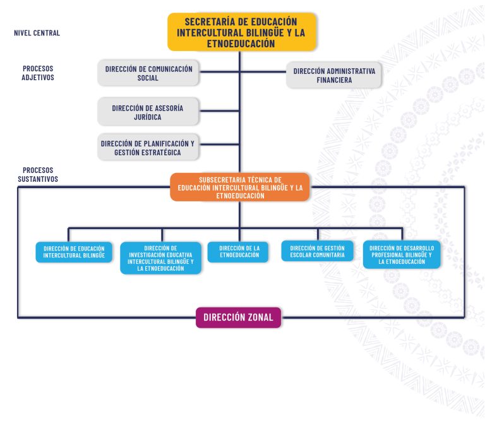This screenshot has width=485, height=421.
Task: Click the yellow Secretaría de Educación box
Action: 242,32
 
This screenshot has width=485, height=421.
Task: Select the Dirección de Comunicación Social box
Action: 148,73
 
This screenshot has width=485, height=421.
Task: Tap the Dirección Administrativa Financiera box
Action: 333,75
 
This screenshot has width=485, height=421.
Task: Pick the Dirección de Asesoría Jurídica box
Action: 148,112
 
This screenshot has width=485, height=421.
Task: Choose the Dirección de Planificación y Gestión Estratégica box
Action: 148,147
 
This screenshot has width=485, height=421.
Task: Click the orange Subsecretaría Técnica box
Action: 240,187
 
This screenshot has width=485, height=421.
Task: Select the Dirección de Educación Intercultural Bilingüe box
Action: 74,252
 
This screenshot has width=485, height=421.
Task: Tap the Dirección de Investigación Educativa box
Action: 160,258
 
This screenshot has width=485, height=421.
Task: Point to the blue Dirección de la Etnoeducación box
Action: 238,252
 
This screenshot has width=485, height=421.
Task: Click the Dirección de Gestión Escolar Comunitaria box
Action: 318,251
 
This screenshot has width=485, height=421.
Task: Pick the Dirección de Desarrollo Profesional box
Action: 402,254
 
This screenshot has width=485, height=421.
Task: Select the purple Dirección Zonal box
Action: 239,317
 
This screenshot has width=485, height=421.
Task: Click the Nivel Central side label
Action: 37,33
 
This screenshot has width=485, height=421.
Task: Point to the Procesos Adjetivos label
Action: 38,73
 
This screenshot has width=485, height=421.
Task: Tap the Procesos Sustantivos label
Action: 38,175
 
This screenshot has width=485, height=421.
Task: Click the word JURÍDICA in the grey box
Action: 148,117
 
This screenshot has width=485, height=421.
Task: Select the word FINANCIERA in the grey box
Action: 334,80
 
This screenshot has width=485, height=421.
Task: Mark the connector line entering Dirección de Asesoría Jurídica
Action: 219,110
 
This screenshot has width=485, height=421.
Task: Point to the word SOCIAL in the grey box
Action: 148,78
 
